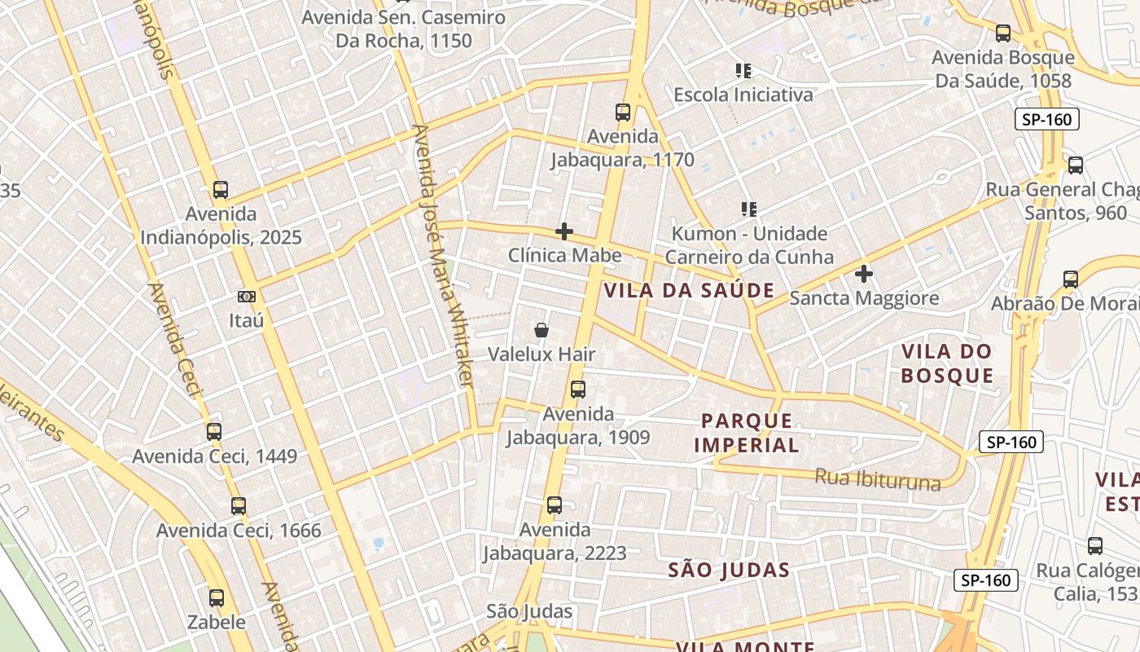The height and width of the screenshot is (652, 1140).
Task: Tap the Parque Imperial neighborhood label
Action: [x=747, y=433]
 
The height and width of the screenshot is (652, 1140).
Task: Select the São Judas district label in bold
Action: [x=729, y=570]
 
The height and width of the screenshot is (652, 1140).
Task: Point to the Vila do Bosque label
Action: [x=947, y=363]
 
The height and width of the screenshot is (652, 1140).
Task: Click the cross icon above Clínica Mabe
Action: [x=564, y=232]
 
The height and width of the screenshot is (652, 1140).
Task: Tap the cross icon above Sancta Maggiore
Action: [x=864, y=274]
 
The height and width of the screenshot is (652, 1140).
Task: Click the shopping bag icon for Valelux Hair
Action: [x=541, y=330]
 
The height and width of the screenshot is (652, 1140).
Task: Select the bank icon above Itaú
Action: [x=246, y=297]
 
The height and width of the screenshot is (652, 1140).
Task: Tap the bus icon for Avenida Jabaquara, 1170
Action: [x=623, y=112]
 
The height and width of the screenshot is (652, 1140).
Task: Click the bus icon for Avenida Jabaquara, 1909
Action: [x=578, y=390]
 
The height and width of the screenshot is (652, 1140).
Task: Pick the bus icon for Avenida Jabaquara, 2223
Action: [x=555, y=505]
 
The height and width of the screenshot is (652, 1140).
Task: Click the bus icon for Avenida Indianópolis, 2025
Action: [x=220, y=190]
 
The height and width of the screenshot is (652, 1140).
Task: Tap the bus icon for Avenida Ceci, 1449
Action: [x=214, y=432]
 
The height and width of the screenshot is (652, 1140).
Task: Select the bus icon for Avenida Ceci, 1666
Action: [x=239, y=506]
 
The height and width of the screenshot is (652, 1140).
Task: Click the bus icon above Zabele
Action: [x=217, y=598]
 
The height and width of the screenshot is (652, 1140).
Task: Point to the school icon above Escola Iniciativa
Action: [x=743, y=71]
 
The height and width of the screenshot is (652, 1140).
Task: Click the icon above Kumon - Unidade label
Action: [x=749, y=209]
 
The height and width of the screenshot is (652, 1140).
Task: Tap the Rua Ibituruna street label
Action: [x=877, y=479]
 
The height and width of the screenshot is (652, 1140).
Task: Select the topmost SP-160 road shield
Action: [x=1048, y=120]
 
